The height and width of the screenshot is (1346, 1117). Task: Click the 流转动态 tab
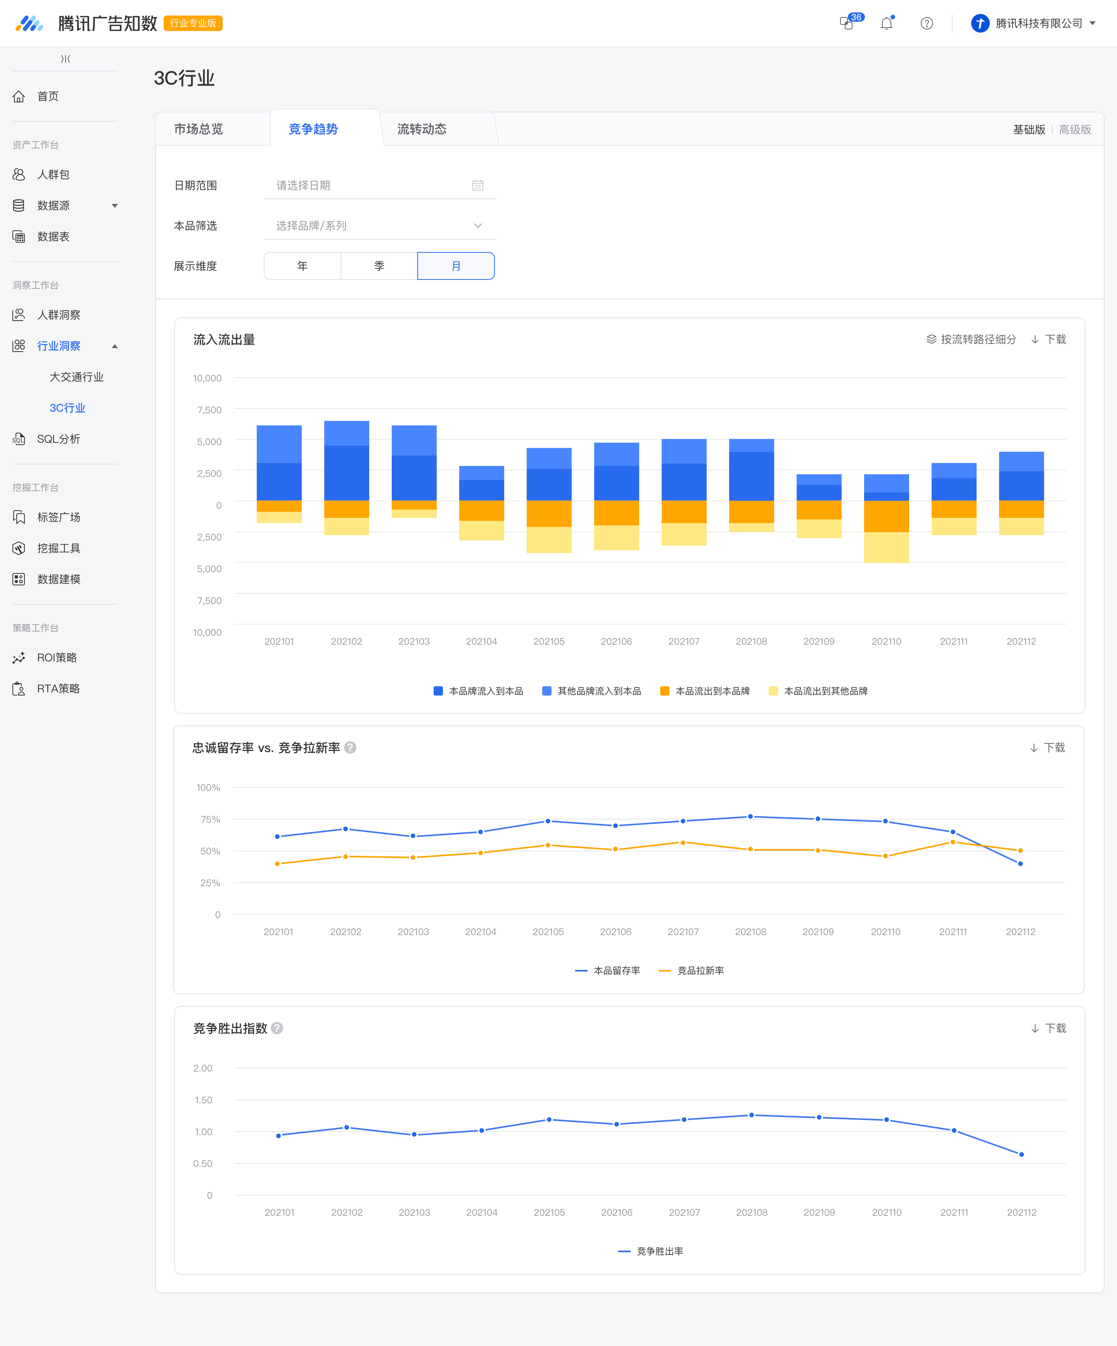pyautogui.click(x=422, y=129)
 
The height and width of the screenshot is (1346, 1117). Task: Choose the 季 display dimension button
pyautogui.click(x=379, y=266)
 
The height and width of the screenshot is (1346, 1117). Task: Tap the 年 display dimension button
pyautogui.click(x=302, y=266)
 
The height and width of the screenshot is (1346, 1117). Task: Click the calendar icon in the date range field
pyautogui.click(x=478, y=185)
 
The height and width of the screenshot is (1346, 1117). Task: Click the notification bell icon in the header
pyautogui.click(x=887, y=24)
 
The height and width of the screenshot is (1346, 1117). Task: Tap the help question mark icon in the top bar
pyautogui.click(x=927, y=24)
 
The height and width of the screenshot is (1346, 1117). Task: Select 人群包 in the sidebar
pyautogui.click(x=53, y=174)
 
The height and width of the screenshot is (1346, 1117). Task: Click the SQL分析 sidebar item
pyautogui.click(x=58, y=439)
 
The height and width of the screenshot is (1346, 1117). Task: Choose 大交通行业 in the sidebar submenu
pyautogui.click(x=76, y=377)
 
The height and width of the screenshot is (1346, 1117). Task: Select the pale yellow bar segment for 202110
pyautogui.click(x=886, y=547)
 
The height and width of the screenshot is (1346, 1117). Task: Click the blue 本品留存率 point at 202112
pyautogui.click(x=1020, y=863)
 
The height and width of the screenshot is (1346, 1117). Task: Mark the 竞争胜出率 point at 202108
pyautogui.click(x=752, y=1115)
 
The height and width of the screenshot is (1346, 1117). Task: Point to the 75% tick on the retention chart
pyautogui.click(x=210, y=819)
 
